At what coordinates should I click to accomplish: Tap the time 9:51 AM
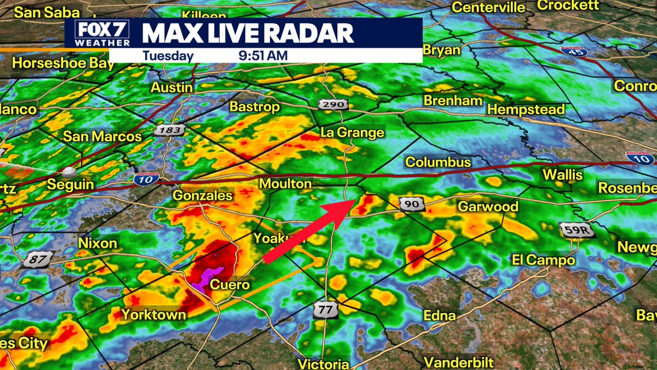tap(263, 55)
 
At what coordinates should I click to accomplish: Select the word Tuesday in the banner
tap(168, 55)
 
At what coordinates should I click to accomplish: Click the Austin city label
tap(172, 88)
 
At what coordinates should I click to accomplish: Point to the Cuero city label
tap(230, 285)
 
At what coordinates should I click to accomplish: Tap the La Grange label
tap(352, 133)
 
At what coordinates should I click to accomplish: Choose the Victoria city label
tap(324, 364)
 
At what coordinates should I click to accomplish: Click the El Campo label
tap(543, 260)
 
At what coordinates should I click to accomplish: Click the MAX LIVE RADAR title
tap(248, 33)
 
